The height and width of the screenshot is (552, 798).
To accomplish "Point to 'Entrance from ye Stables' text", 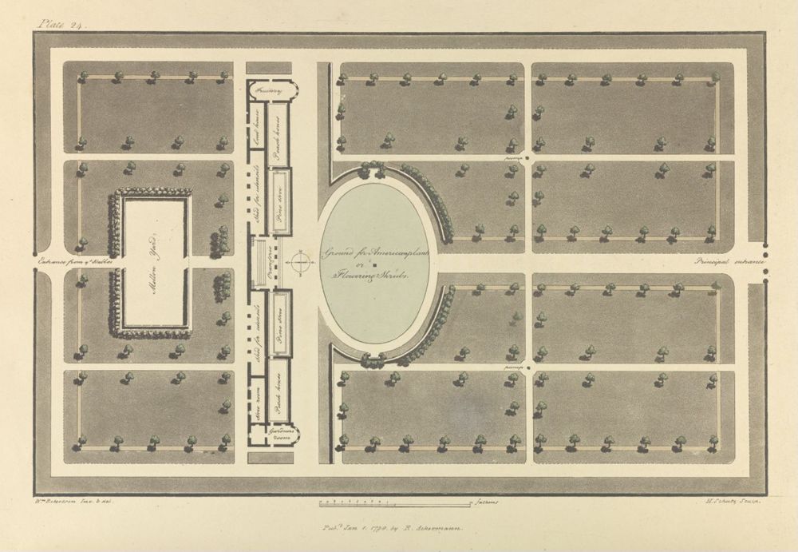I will click(x=77, y=261).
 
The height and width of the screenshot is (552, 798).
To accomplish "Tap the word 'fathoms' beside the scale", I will click(x=485, y=504).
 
